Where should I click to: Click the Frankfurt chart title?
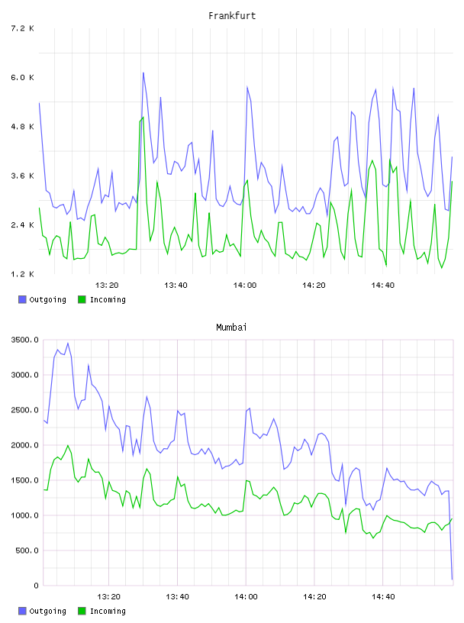pyautogui.click(x=232, y=16)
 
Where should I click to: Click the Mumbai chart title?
pyautogui.click(x=231, y=328)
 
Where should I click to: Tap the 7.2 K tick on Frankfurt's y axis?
pyautogui.click(x=23, y=28)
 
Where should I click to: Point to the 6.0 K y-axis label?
pyautogui.click(x=23, y=77)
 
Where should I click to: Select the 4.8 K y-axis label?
pyautogui.click(x=23, y=127)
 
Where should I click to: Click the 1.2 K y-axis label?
pyautogui.click(x=23, y=274)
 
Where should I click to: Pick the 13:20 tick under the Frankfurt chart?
pyautogui.click(x=107, y=286)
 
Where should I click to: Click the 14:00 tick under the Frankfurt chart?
pyautogui.click(x=245, y=286)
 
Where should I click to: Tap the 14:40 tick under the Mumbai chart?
pyautogui.click(x=383, y=597)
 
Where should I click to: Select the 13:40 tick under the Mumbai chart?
pyautogui.click(x=177, y=597)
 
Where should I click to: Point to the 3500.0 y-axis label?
pyautogui.click(x=25, y=340)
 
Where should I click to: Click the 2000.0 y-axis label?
pyautogui.click(x=25, y=445)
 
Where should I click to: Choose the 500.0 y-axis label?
pyautogui.click(x=27, y=550)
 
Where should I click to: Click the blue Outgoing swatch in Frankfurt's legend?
pyautogui.click(x=22, y=299)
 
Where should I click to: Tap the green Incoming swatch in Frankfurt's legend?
pyautogui.click(x=82, y=299)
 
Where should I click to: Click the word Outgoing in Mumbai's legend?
pyautogui.click(x=47, y=612)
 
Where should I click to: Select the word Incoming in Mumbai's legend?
pyautogui.click(x=108, y=612)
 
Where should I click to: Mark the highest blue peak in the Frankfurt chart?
pyautogui.click(x=143, y=73)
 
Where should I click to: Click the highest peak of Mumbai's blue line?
pyautogui.click(x=68, y=343)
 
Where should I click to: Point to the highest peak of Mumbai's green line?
pyautogui.click(x=68, y=445)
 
